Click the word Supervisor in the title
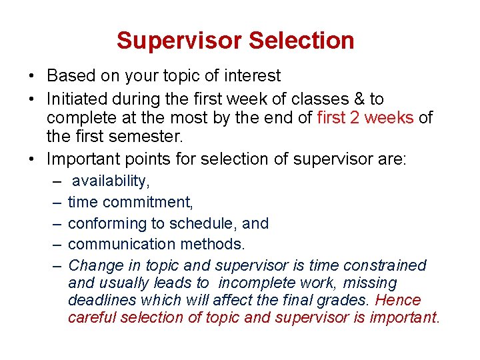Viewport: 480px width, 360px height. tap(179, 41)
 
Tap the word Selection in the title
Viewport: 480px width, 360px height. tap(301, 41)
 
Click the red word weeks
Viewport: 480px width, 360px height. tap(393, 119)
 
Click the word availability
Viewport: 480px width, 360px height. tap(111, 181)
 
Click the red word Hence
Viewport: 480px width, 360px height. tap(399, 300)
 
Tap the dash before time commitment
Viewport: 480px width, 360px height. tap(58, 202)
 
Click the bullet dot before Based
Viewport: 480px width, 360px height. tap(33, 77)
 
